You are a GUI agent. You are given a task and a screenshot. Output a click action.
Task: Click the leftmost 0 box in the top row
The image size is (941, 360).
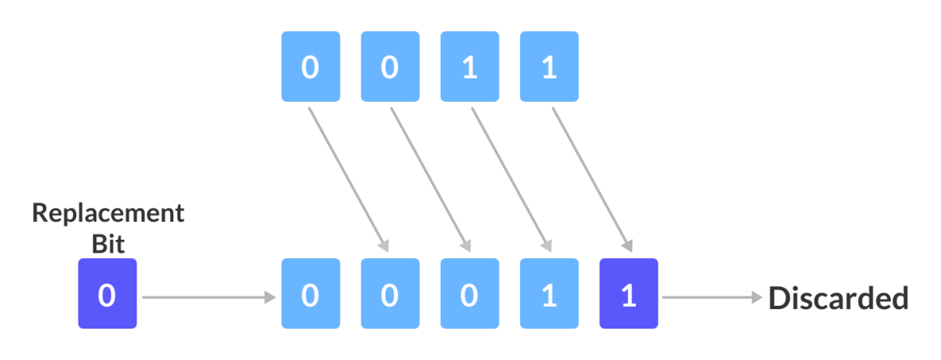pyautogui.click(x=311, y=67)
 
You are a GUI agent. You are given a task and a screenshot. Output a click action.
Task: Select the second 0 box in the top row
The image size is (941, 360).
pyautogui.click(x=390, y=67)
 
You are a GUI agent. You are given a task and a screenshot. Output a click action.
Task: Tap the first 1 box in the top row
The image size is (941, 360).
pyautogui.click(x=470, y=67)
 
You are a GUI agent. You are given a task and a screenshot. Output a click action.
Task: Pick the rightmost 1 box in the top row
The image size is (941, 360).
pyautogui.click(x=549, y=67)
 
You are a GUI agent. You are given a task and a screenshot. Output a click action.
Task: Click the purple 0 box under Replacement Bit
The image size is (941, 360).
pyautogui.click(x=107, y=294)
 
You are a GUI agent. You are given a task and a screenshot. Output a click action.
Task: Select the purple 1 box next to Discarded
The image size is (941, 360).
pyautogui.click(x=628, y=294)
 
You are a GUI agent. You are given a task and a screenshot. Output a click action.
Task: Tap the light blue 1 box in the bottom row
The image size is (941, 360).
pyautogui.click(x=549, y=294)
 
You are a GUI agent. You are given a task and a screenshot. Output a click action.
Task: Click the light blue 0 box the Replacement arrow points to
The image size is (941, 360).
pyautogui.click(x=311, y=294)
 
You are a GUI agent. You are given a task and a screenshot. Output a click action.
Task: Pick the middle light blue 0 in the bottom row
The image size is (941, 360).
pyautogui.click(x=390, y=294)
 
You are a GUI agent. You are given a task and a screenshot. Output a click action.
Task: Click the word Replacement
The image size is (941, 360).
pyautogui.click(x=108, y=213)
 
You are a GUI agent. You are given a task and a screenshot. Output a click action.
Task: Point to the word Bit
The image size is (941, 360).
pyautogui.click(x=108, y=243)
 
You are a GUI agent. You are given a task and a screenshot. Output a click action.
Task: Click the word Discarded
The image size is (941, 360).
pyautogui.click(x=837, y=298)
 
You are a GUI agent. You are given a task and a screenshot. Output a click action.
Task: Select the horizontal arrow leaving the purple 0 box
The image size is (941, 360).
pyautogui.click(x=208, y=297)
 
